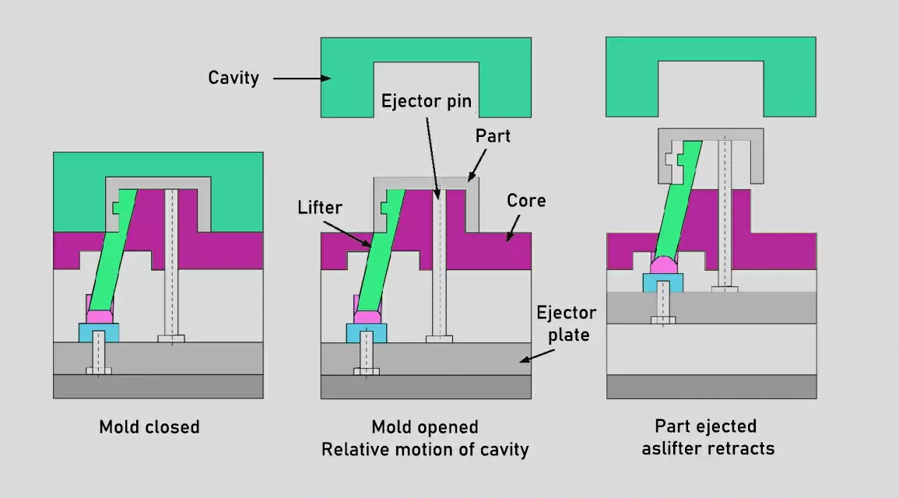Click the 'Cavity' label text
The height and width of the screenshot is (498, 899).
pos(233,78)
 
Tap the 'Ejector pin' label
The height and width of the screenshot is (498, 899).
pos(426,101)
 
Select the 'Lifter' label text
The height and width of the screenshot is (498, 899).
pos(320,208)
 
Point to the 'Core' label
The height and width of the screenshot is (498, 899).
pos(526,200)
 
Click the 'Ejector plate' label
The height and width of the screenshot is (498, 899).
pos(567,323)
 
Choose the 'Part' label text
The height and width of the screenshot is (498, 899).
pos(493,135)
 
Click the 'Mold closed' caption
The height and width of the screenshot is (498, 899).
pos(149,427)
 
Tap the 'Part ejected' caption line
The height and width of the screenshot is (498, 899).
pos(705,426)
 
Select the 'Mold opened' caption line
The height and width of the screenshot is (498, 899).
pos(424,427)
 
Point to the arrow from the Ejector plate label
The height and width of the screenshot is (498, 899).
pos(537,355)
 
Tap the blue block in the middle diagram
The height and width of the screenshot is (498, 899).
pos(367,333)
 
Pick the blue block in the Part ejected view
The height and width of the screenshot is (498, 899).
pos(662,282)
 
